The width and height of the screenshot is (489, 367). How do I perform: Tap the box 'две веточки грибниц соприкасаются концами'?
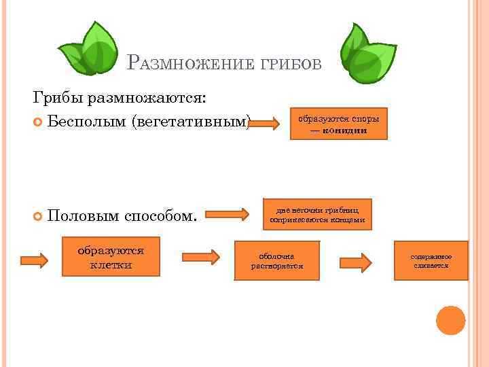[x=316, y=214]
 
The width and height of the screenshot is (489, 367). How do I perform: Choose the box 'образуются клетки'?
[x=111, y=257]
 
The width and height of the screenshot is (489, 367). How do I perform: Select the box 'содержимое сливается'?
[x=431, y=260]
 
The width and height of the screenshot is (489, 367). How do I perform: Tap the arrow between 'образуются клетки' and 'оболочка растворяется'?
[x=200, y=257]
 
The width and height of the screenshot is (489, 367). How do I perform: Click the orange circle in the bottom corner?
[x=450, y=320]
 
